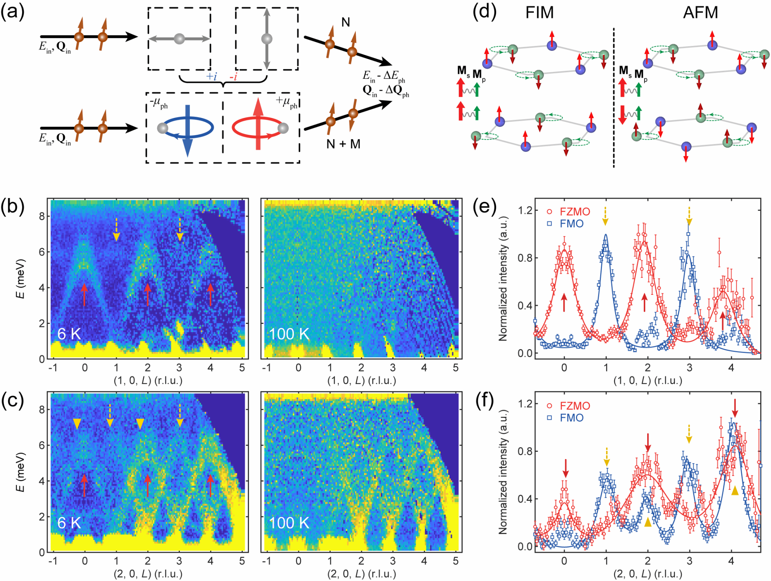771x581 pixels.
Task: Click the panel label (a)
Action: (x=13, y=12)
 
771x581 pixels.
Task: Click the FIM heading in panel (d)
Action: (x=539, y=13)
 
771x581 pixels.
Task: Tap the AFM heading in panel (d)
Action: (x=700, y=13)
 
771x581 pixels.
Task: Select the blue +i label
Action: (x=212, y=76)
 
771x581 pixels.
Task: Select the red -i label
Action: (x=233, y=76)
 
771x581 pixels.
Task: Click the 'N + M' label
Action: (x=343, y=144)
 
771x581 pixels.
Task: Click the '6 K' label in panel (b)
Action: (x=69, y=334)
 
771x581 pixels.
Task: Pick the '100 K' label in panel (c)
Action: (x=289, y=523)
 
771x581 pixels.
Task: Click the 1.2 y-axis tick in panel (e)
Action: (x=525, y=210)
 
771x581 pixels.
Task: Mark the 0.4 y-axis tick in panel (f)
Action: (x=525, y=499)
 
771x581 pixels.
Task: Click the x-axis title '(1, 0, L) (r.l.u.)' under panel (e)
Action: (x=648, y=380)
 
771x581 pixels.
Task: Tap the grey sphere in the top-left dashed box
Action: (x=180, y=38)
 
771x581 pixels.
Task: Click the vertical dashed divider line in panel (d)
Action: (x=614, y=98)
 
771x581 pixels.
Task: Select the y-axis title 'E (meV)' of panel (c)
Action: (x=21, y=472)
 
